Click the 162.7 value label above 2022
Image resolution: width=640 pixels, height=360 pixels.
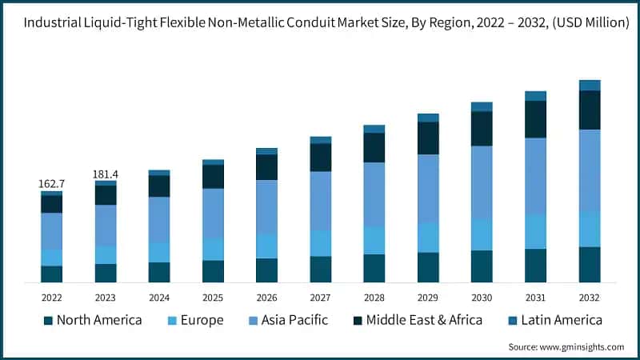pyautogui.click(x=52, y=184)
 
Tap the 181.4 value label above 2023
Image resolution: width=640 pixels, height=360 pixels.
pyautogui.click(x=106, y=174)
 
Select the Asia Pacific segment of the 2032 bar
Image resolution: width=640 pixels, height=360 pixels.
pyautogui.click(x=590, y=170)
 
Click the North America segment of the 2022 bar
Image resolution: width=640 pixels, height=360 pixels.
pyautogui.click(x=52, y=274)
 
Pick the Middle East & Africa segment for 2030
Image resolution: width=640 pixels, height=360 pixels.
pyautogui.click(x=482, y=128)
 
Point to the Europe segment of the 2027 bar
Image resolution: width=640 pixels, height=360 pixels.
pyautogui.click(x=321, y=243)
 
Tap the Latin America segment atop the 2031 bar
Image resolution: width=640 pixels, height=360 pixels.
pyautogui.click(x=535, y=96)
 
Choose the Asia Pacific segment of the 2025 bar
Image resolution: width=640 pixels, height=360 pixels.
pyautogui.click(x=213, y=213)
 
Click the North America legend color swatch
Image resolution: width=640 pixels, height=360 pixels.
pyautogui.click(x=47, y=321)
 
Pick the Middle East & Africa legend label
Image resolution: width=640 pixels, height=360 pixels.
pyautogui.click(x=424, y=321)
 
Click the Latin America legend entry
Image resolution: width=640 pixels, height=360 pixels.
pyautogui.click(x=561, y=321)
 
